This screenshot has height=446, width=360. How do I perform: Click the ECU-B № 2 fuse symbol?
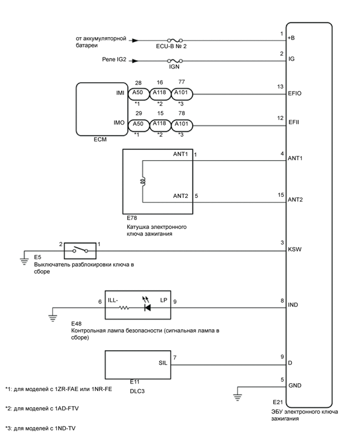coord(175,40)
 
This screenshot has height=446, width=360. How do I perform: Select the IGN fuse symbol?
coord(175,61)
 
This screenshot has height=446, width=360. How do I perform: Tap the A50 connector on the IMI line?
coord(138,94)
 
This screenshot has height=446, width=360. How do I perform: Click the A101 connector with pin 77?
coord(182,94)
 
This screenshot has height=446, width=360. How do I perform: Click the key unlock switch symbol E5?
coord(80,250)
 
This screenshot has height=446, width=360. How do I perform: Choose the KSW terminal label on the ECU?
coord(294,250)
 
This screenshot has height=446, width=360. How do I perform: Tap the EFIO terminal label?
coord(295,94)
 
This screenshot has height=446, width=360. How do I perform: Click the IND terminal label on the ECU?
coord(294,304)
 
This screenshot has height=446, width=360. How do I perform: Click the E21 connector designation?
coord(277,402)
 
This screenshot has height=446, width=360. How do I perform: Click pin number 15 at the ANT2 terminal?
coord(281,195)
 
